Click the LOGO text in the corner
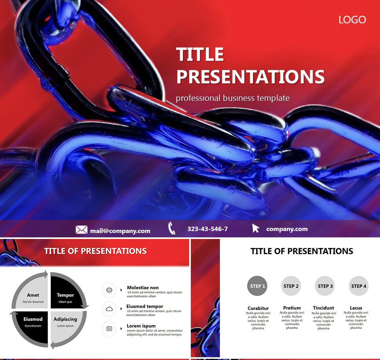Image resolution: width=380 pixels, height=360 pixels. [x=352, y=20]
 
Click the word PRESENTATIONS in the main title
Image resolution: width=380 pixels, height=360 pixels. [x=250, y=77]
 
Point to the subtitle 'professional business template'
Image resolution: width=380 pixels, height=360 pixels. [x=233, y=98]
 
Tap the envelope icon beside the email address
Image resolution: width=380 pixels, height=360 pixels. [x=82, y=229]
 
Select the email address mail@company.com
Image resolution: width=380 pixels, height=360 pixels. [x=120, y=231]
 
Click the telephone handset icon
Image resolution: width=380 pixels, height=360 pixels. [x=172, y=228]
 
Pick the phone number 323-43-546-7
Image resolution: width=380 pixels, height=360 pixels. [x=207, y=229]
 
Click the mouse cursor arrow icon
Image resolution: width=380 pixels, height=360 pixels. [x=256, y=228]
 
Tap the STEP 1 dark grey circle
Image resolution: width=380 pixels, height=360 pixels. [x=257, y=286]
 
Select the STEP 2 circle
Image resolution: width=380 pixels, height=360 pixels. [x=291, y=286]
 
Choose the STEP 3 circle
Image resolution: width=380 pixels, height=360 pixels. [x=325, y=286]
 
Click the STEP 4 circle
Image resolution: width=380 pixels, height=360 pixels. [x=359, y=286]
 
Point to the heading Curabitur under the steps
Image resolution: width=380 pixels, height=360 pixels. [x=258, y=308]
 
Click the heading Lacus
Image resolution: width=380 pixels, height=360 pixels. [x=356, y=308]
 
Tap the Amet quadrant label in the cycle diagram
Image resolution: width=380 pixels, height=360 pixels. [x=33, y=295]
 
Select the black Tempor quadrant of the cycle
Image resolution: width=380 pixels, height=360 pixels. [x=65, y=295]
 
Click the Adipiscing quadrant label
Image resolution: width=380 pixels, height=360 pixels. [x=65, y=319]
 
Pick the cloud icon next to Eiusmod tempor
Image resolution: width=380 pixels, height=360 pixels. [x=109, y=309]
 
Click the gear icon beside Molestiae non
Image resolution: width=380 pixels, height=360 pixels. [x=109, y=290]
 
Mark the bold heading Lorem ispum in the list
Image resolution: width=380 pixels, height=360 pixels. [x=141, y=326]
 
